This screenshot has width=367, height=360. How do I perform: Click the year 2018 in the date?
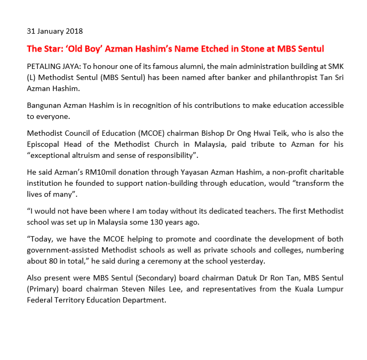coord(73,32)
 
